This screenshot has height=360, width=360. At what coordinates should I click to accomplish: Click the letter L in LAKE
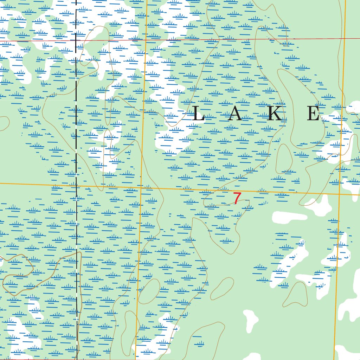[199, 114]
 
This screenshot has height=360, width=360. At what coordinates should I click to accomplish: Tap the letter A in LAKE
[235, 114]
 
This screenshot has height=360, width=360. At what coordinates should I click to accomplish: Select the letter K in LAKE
[274, 114]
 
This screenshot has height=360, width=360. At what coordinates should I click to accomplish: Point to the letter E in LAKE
[313, 114]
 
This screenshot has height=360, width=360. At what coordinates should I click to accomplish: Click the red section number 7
[237, 199]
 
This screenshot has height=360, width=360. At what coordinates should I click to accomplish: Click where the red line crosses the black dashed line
[76, 41]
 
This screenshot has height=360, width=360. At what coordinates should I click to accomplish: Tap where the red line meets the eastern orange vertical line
[345, 38]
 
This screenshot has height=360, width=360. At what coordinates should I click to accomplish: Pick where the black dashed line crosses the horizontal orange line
[76, 185]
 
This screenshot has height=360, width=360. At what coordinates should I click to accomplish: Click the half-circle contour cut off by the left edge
[3, 123]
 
